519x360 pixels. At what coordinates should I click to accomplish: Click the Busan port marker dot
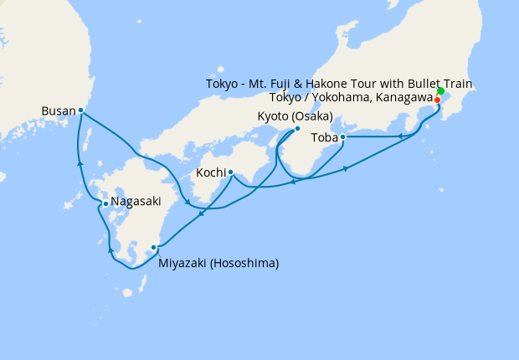[x=80, y=110]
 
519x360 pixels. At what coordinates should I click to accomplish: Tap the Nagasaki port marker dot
[x=105, y=203]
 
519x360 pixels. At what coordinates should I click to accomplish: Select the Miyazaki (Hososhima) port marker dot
[x=153, y=248]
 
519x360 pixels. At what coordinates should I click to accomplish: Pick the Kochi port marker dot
[x=230, y=172]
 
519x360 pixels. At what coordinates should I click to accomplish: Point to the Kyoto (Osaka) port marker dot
[x=297, y=129]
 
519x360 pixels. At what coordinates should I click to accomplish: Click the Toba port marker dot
[x=343, y=136]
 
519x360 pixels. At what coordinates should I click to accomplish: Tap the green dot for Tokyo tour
[x=440, y=90]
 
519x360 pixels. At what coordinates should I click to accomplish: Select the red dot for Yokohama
[x=438, y=100]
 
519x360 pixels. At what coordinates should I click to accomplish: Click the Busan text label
[x=58, y=110]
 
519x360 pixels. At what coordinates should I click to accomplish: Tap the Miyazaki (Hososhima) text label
[x=218, y=263]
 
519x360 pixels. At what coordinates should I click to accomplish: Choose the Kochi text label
[x=210, y=172]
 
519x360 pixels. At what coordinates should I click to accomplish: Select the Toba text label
[x=324, y=136]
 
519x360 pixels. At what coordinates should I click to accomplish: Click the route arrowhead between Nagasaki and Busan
[x=80, y=163]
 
